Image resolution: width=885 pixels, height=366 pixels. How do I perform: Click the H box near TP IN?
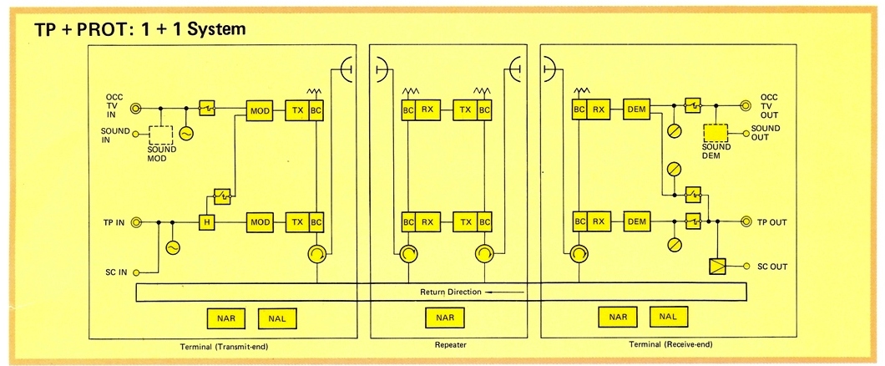click(x=205, y=222)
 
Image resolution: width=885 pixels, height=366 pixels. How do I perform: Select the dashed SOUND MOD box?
click(x=160, y=136)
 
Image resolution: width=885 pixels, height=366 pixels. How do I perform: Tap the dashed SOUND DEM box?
click(x=716, y=133)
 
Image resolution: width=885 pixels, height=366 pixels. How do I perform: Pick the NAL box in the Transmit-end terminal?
click(x=277, y=317)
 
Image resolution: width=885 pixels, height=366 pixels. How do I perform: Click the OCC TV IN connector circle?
click(x=135, y=108)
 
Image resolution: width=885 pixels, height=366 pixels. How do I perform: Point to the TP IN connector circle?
click(x=135, y=222)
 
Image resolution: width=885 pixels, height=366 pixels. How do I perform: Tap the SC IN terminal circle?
click(x=135, y=271)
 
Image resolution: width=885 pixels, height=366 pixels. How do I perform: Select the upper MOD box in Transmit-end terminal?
click(x=260, y=109)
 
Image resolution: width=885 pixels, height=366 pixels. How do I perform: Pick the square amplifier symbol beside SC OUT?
click(x=716, y=267)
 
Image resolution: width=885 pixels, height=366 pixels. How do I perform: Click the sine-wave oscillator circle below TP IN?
click(x=173, y=247)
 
